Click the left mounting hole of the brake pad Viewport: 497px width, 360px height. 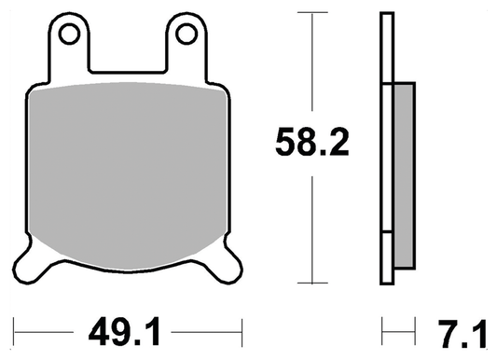pos(68,35)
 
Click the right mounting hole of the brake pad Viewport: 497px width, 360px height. pos(186,35)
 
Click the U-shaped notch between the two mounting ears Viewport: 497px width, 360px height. pos(128,56)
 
